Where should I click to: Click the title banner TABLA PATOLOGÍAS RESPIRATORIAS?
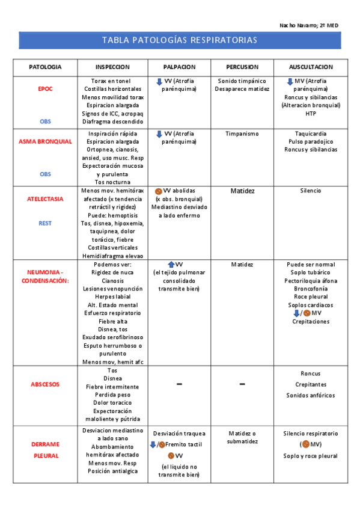[x=180, y=40]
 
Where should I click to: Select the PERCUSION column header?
[x=242, y=67]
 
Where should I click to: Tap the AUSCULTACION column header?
[x=311, y=67]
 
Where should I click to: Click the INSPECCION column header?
[x=112, y=67]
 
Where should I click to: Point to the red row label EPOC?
[x=45, y=88]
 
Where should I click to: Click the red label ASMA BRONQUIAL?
[x=45, y=141]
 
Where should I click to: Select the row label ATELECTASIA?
[x=45, y=198]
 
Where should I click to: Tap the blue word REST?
[x=45, y=223]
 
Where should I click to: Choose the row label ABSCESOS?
[x=45, y=384]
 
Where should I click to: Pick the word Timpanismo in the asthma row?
[x=242, y=134]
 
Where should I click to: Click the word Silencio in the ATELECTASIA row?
[x=311, y=191]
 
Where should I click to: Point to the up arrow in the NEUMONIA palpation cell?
[x=171, y=265]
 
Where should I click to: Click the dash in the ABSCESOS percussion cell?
[x=242, y=384]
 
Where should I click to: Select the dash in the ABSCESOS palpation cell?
[x=179, y=384]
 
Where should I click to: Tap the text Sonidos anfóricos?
[x=311, y=395]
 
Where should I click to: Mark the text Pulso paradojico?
[x=311, y=141]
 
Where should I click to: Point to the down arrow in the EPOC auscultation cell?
[x=290, y=81]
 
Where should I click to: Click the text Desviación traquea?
[x=179, y=434]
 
